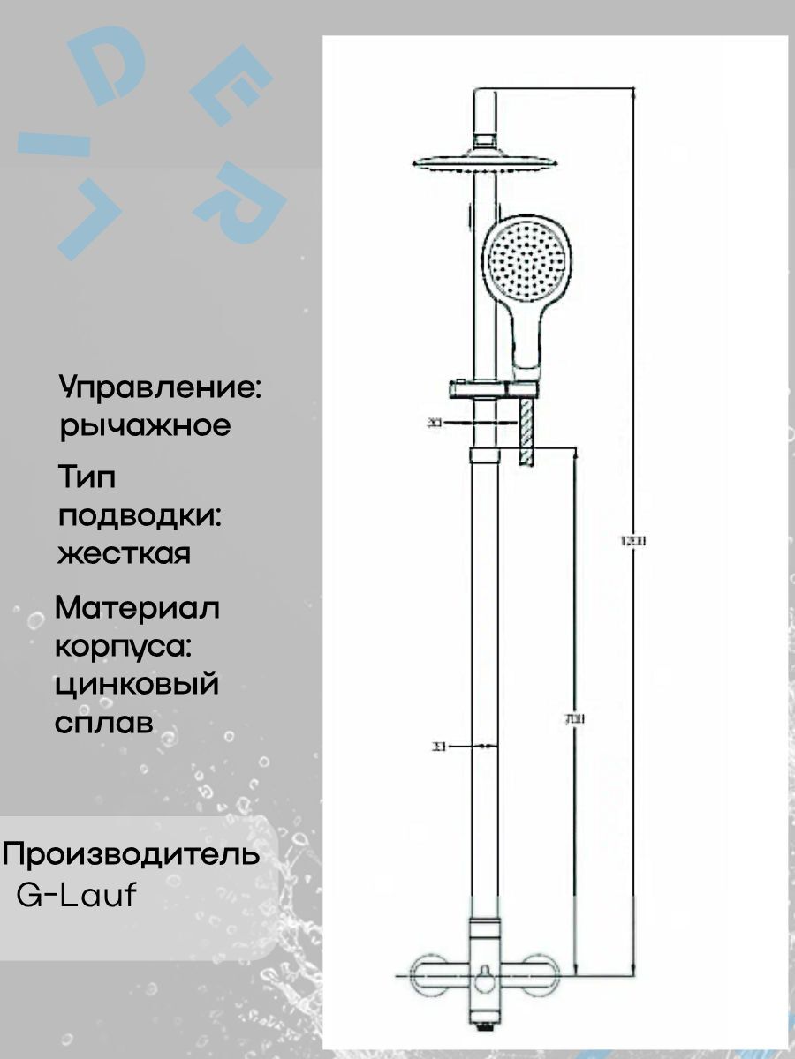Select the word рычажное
[x=145, y=426]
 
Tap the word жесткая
[x=123, y=555]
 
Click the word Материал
[x=137, y=609]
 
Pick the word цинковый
[x=136, y=685]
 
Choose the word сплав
[x=104, y=723]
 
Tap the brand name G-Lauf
[x=78, y=895]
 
